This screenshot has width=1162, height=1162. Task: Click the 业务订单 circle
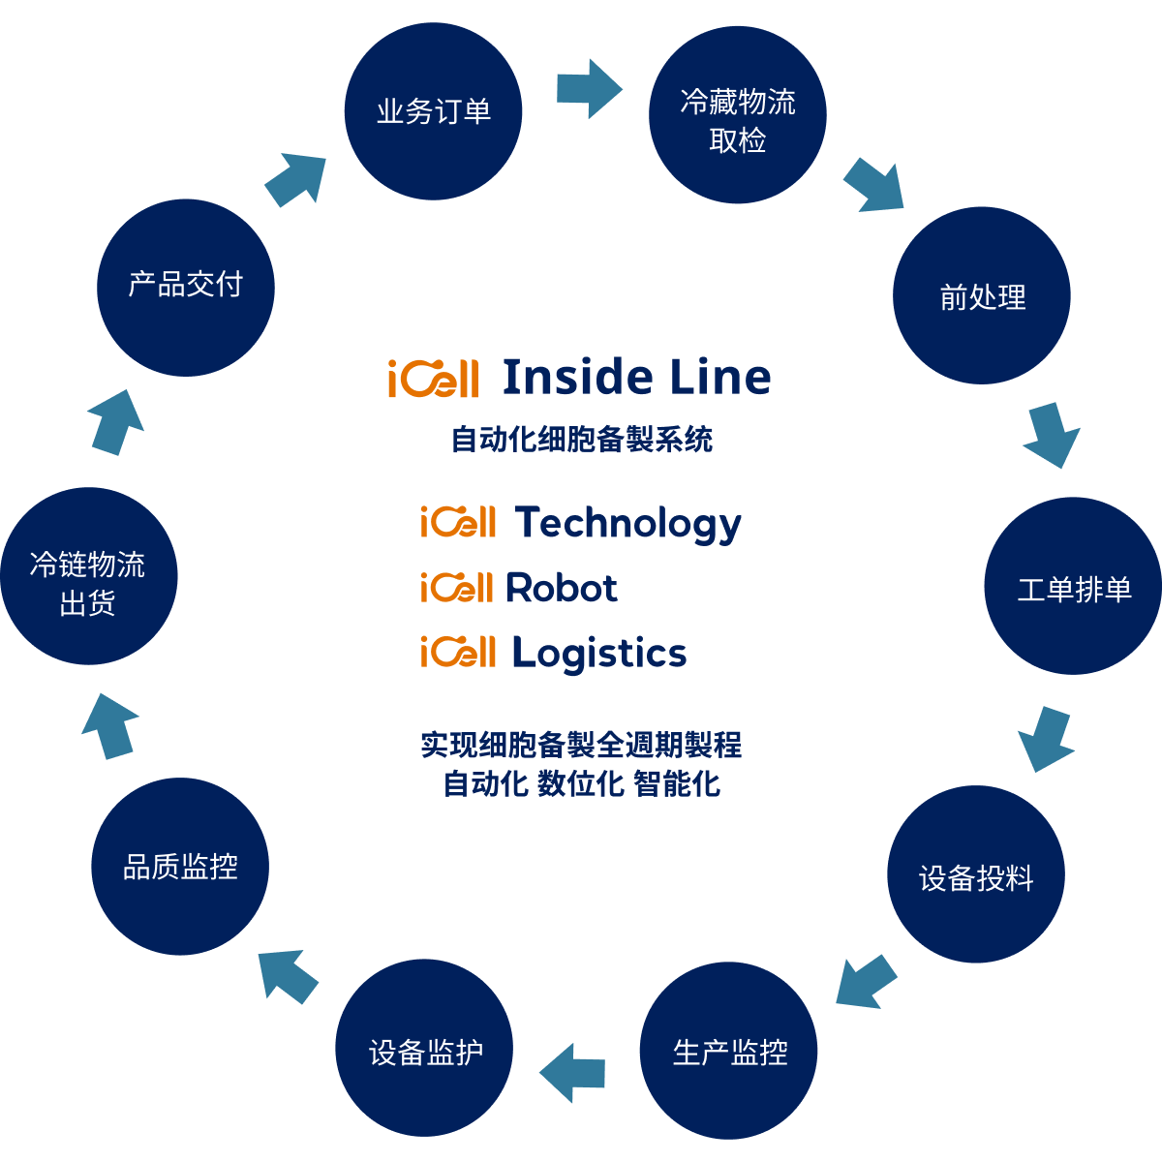click(x=433, y=111)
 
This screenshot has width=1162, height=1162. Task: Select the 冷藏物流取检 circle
click(x=738, y=114)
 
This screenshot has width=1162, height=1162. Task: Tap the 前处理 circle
click(x=982, y=295)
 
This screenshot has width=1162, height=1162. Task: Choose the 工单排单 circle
click(x=1073, y=586)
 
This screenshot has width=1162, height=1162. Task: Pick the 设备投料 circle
click(x=976, y=873)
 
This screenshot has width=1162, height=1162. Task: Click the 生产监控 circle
click(x=728, y=1051)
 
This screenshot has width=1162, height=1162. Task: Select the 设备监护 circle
click(x=424, y=1048)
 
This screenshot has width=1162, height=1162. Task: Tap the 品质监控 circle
click(x=180, y=867)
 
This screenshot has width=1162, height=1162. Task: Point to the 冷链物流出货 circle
click(x=89, y=576)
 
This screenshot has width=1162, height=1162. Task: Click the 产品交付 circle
click(x=186, y=288)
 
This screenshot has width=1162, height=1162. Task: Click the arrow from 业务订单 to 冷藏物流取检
click(x=589, y=89)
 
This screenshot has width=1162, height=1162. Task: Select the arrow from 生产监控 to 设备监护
click(x=572, y=1073)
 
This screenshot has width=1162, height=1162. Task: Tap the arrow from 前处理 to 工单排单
click(x=1053, y=435)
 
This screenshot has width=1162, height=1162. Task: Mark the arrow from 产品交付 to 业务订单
click(x=296, y=180)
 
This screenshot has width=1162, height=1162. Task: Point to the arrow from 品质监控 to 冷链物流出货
click(x=109, y=726)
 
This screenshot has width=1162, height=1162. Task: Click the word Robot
click(x=562, y=588)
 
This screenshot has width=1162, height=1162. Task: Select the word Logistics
click(x=599, y=654)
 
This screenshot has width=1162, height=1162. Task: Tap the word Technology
click(x=627, y=524)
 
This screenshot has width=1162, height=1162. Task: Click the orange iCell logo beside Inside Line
click(x=434, y=378)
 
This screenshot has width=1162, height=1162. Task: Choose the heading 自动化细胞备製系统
click(x=582, y=439)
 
